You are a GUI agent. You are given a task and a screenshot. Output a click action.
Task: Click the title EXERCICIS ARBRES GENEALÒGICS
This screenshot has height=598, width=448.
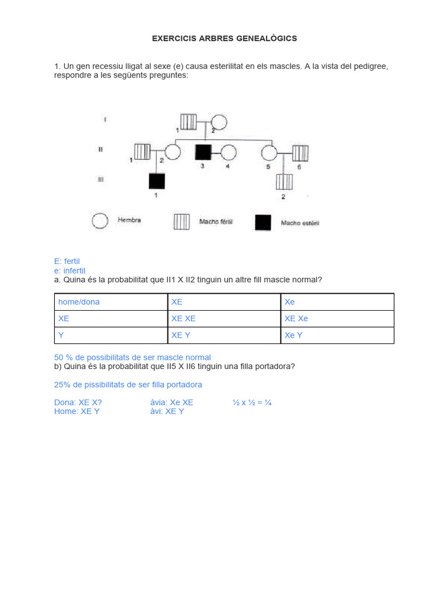(x=224, y=39)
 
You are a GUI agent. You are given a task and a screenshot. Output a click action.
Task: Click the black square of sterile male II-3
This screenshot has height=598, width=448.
(x=202, y=152)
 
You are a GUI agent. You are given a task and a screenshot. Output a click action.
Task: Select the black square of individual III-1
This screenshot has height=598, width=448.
(x=156, y=181)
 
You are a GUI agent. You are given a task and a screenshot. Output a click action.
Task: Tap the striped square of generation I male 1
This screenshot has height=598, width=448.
(x=188, y=121)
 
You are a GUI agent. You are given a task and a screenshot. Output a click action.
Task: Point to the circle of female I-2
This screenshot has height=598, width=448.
(x=219, y=122)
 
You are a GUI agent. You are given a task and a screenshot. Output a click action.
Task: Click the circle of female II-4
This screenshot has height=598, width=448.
(x=229, y=152)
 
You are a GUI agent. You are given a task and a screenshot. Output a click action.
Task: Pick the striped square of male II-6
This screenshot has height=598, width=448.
(x=300, y=152)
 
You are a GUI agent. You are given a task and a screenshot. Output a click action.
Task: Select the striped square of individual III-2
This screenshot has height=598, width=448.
(x=284, y=182)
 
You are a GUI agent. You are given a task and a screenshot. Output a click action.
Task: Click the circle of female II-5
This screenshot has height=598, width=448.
(x=269, y=152)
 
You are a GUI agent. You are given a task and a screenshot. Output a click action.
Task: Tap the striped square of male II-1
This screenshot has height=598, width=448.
(x=142, y=152)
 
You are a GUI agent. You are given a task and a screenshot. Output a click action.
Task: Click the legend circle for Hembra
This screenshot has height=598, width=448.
(x=100, y=221)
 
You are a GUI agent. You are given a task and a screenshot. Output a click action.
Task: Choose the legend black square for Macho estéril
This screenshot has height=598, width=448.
(x=263, y=222)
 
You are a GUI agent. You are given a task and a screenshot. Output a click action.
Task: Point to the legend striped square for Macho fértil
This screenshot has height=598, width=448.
(x=181, y=222)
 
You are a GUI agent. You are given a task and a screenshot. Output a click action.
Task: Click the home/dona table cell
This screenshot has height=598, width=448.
(x=111, y=302)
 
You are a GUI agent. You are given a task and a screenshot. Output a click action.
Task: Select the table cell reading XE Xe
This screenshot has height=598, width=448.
(x=337, y=319)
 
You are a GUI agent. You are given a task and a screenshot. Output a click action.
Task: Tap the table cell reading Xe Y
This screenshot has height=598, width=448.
(x=337, y=335)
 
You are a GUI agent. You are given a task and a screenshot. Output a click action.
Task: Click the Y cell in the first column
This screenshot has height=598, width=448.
(x=111, y=335)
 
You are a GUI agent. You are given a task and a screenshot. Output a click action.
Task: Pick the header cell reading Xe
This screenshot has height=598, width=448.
(x=337, y=302)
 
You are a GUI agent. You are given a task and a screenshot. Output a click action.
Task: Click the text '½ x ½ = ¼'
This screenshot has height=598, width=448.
(x=252, y=402)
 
